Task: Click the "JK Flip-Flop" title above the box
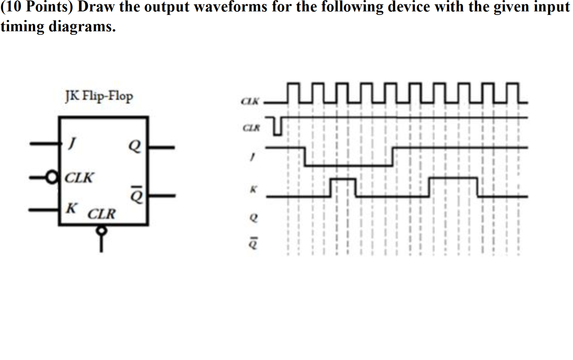[99, 96]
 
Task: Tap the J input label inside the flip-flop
[72, 143]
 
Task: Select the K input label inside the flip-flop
[71, 208]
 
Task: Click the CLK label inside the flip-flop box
[79, 178]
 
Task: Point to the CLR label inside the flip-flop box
[101, 214]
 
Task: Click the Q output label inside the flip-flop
[134, 146]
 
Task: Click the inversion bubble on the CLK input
[52, 177]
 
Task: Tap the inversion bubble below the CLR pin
[101, 231]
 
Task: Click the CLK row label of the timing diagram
[250, 101]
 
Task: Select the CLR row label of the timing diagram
[251, 128]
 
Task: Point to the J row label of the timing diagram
[252, 157]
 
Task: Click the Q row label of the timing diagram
[253, 218]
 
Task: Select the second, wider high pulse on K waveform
[453, 179]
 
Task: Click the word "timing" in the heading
[22, 26]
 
